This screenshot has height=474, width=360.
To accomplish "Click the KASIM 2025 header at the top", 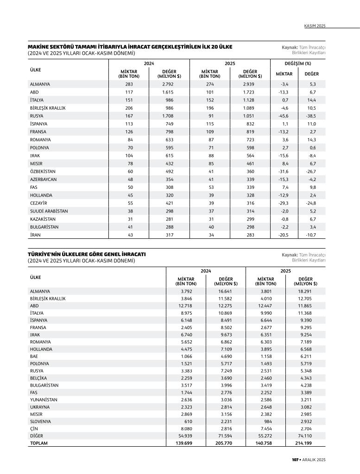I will click(315, 26).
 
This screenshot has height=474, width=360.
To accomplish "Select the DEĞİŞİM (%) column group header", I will click(297, 63).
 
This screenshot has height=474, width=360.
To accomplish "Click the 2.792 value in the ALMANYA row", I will click(167, 84).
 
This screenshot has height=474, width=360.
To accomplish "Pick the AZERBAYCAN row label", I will click(43, 179).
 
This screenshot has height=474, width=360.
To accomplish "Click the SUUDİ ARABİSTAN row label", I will click(49, 211).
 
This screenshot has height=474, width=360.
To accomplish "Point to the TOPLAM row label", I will click(38, 443).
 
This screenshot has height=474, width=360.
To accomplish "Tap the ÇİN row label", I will click(34, 429).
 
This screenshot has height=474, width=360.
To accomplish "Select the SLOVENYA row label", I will click(40, 422).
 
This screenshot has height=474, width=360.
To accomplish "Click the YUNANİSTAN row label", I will click(44, 399).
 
